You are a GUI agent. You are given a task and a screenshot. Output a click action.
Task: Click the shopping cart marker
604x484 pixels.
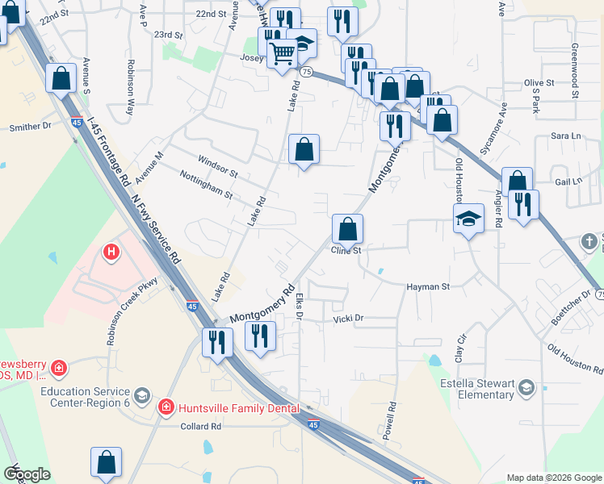[x=282, y=55]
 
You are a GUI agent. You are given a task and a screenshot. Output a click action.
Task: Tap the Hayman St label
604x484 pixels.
[x=427, y=286]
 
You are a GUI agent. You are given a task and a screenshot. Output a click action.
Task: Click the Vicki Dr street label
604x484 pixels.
[x=349, y=319]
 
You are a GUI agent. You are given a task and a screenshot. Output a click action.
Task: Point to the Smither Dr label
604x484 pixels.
[x=30, y=127]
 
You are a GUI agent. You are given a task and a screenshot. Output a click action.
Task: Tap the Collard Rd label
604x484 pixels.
[x=200, y=426]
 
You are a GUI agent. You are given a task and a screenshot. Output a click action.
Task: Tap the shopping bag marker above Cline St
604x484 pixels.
[x=347, y=229]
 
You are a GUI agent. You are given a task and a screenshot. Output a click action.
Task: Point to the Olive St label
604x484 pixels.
[x=539, y=82]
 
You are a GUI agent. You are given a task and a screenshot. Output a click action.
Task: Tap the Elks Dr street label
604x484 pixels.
[x=299, y=307]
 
